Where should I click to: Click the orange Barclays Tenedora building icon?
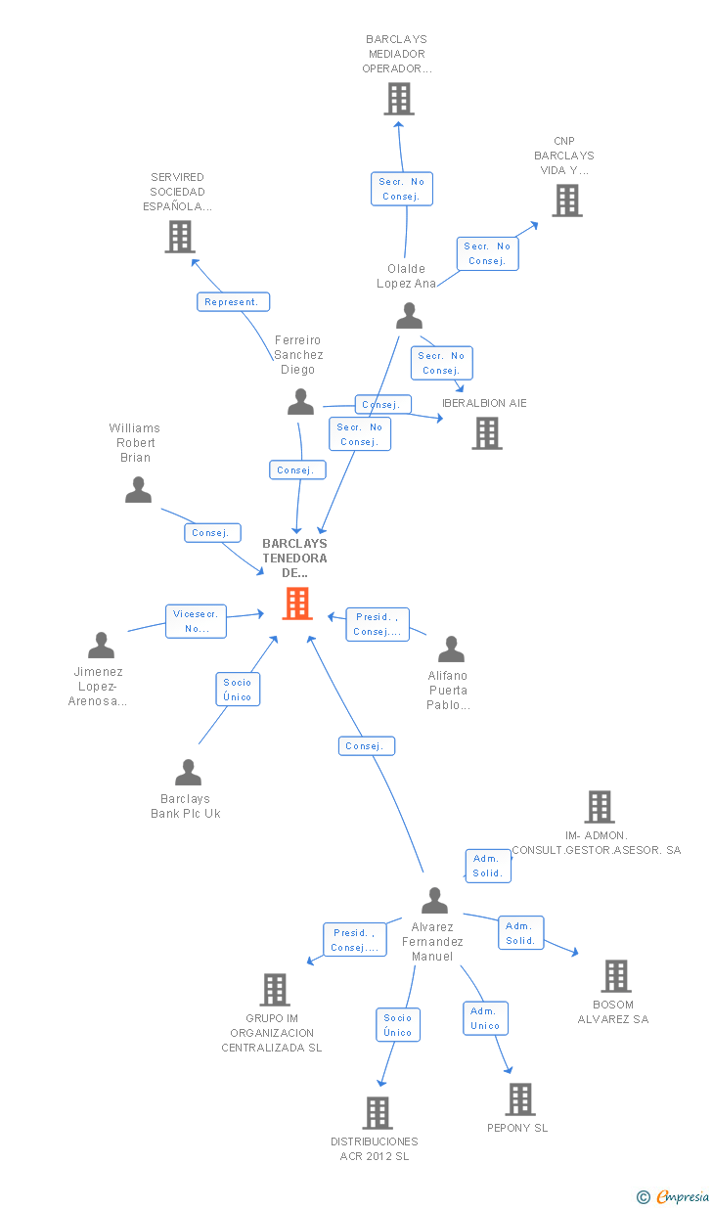point(296,604)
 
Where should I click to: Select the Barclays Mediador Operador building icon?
point(398,99)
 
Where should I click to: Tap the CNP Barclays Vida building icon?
point(566,201)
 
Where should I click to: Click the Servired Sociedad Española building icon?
point(179,237)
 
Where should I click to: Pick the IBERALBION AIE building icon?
point(486,432)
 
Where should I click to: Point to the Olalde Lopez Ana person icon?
point(409,316)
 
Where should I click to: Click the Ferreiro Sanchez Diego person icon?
point(300,401)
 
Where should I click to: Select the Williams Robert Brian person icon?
point(138,489)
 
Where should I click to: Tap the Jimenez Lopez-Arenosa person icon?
point(101,645)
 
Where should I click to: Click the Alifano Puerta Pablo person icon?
point(450,649)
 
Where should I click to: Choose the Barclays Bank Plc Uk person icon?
point(187,772)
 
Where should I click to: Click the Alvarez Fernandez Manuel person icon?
point(433,900)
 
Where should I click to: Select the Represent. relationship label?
point(233,302)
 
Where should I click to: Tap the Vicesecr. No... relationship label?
point(196,621)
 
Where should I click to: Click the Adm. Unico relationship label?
point(485,1018)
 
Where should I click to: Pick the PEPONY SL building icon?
point(519,1099)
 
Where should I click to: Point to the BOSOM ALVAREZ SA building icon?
point(615,976)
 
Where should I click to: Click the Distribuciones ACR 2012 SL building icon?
point(378,1113)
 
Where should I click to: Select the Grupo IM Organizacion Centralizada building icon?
point(275,990)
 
